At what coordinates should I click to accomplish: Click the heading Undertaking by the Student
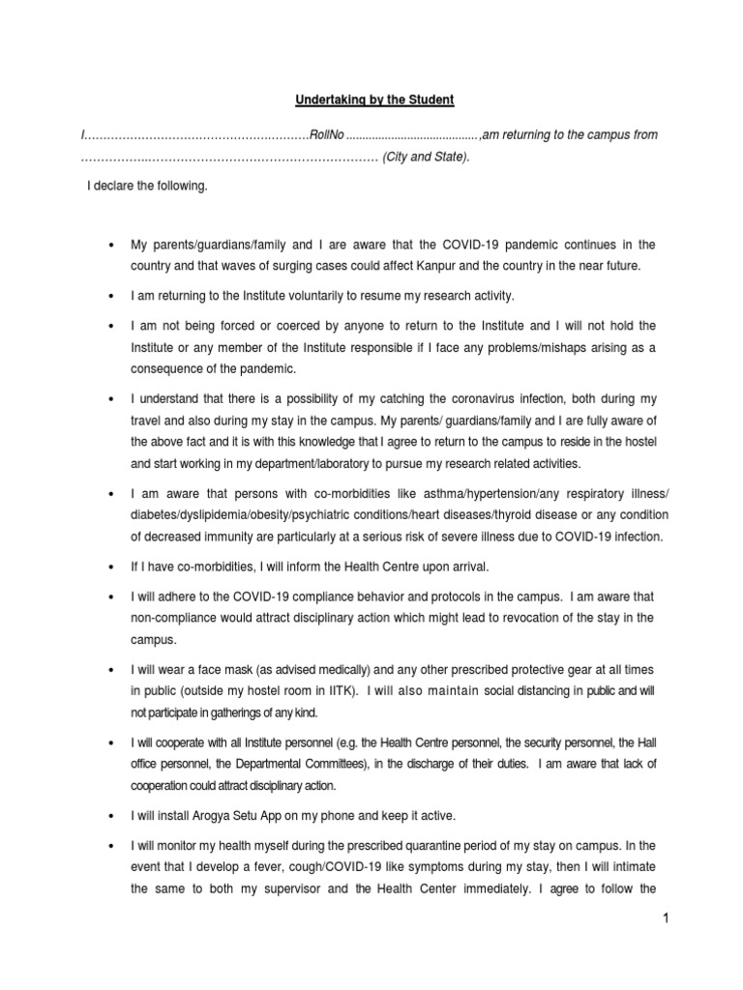(371, 101)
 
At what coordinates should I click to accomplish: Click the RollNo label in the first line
(326, 135)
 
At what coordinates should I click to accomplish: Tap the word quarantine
(421, 845)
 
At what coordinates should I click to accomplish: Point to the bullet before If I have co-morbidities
(114, 567)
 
